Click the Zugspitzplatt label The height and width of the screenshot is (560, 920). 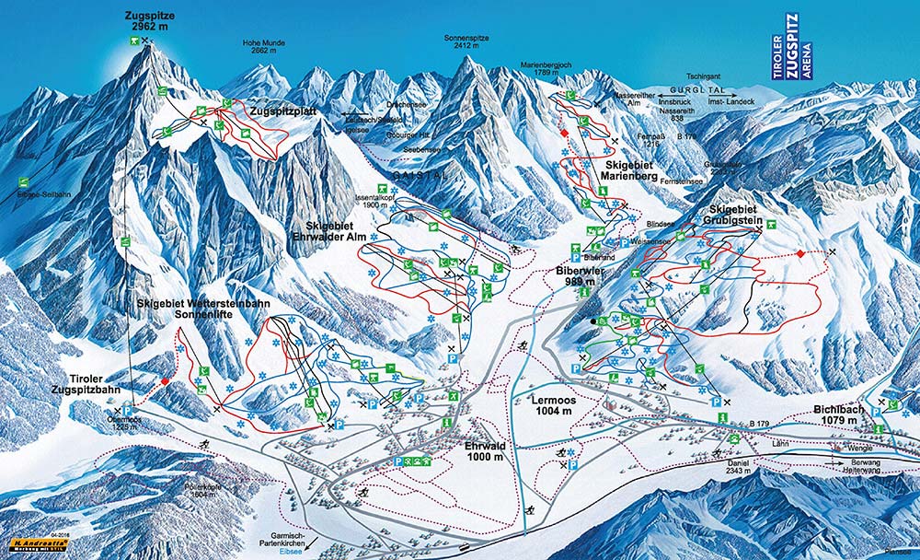click(283, 110)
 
